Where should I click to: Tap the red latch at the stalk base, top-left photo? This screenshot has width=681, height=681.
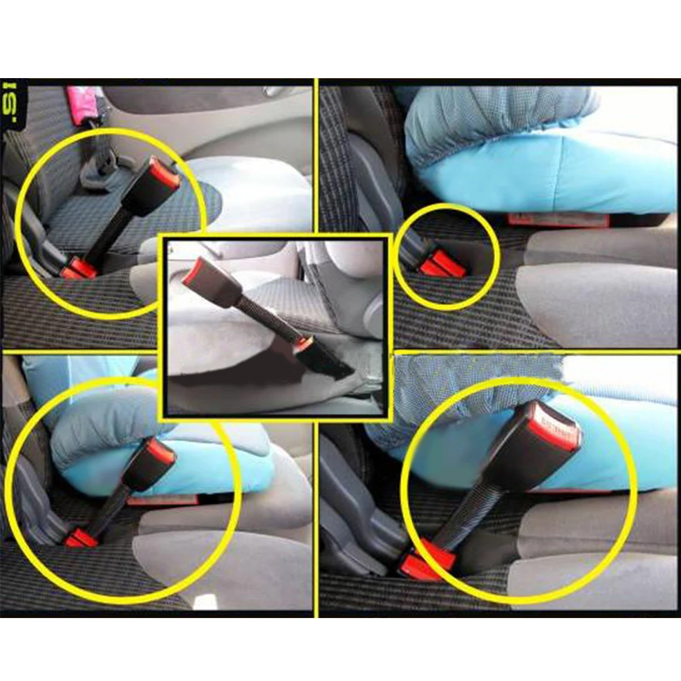tap(78, 268)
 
